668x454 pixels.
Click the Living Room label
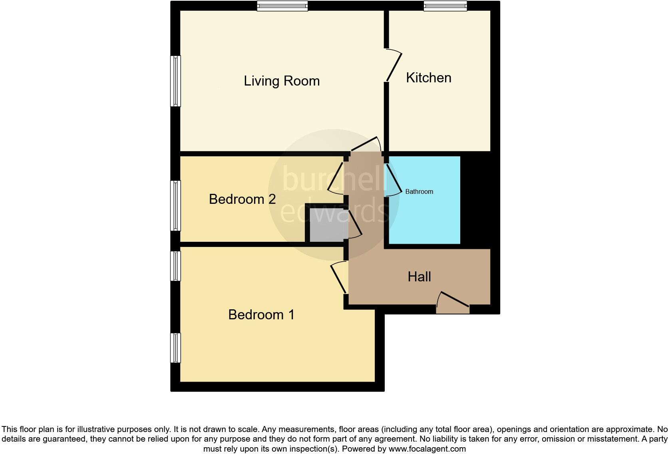click(x=282, y=81)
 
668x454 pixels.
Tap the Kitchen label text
click(x=428, y=78)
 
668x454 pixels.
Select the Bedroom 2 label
click(x=242, y=199)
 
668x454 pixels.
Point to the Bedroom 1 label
click(x=261, y=315)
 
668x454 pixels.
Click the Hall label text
click(x=419, y=277)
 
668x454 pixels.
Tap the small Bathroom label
click(x=419, y=192)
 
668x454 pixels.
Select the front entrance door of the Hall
click(x=453, y=304)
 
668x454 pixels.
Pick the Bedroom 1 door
click(x=339, y=278)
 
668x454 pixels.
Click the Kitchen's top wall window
click(x=445, y=6)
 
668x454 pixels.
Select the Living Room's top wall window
click(x=282, y=6)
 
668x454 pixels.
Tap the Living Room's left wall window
click(x=175, y=81)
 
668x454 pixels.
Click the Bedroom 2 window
click(x=175, y=206)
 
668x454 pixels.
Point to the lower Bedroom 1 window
click(x=175, y=348)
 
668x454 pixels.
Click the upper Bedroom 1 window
click(x=175, y=266)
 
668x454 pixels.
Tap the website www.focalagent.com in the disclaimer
click(x=427, y=449)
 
